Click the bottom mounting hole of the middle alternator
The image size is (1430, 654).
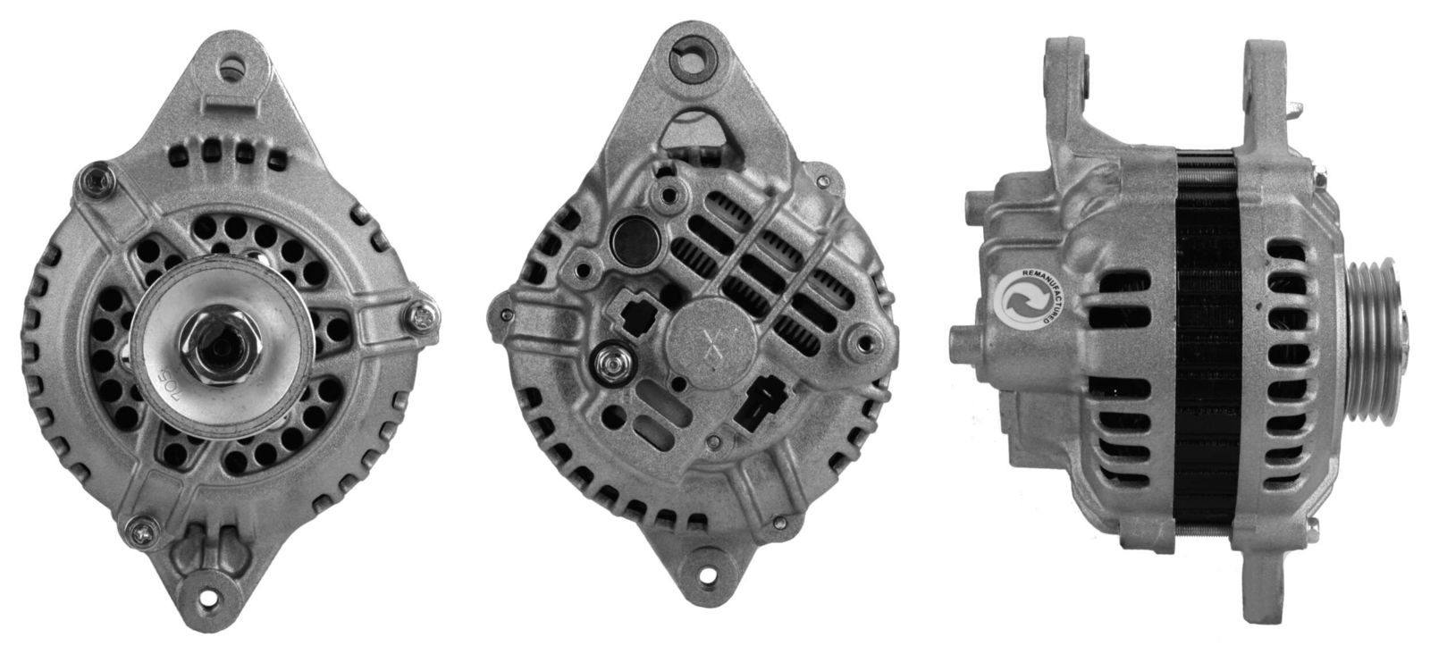coord(713,593)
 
